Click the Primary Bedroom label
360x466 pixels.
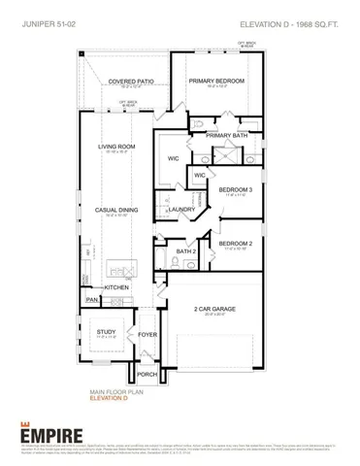pos(216,83)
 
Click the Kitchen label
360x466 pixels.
pos(117,288)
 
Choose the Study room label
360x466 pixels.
pos(106,332)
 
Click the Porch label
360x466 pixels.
pos(147,374)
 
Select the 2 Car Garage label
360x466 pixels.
pos(216,308)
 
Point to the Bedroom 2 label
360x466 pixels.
pos(235,244)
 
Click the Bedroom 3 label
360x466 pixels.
pos(235,189)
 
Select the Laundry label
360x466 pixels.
pos(181,209)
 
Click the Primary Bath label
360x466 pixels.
pos(226,135)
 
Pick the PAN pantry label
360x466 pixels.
pos(91,301)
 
